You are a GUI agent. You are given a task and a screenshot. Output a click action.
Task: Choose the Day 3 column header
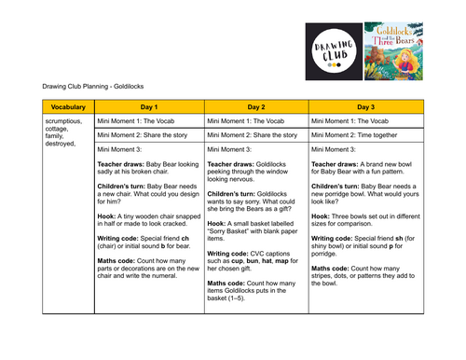365,106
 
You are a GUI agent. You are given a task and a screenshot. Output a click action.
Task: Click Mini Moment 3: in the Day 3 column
334,149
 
